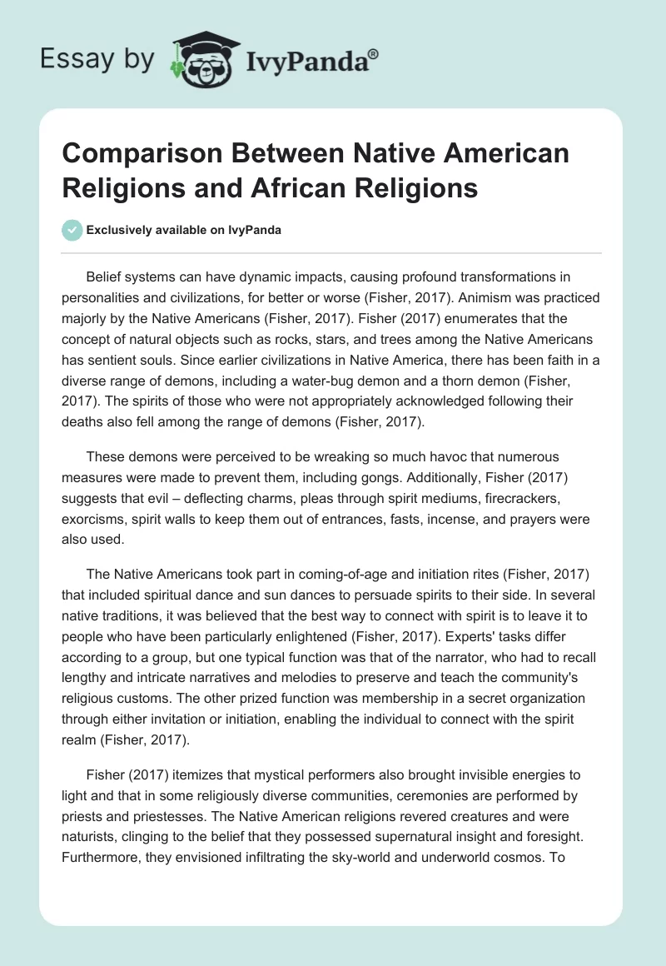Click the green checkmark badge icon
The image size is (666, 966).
pyautogui.click(x=73, y=230)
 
